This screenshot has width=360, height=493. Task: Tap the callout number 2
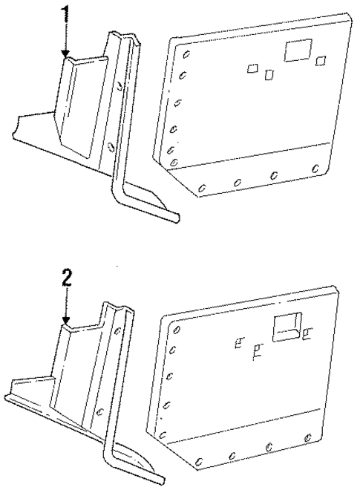tap(67, 278)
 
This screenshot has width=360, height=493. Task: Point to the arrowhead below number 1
tap(67, 54)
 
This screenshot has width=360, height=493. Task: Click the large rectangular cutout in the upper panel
tap(298, 50)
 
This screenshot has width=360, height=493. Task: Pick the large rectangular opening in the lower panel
tap(286, 327)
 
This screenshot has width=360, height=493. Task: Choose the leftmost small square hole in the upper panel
tap(252, 68)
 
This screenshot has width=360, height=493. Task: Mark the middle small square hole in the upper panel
tap(269, 74)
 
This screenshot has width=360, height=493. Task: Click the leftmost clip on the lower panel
tap(238, 343)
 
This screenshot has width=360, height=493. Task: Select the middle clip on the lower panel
tap(257, 349)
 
